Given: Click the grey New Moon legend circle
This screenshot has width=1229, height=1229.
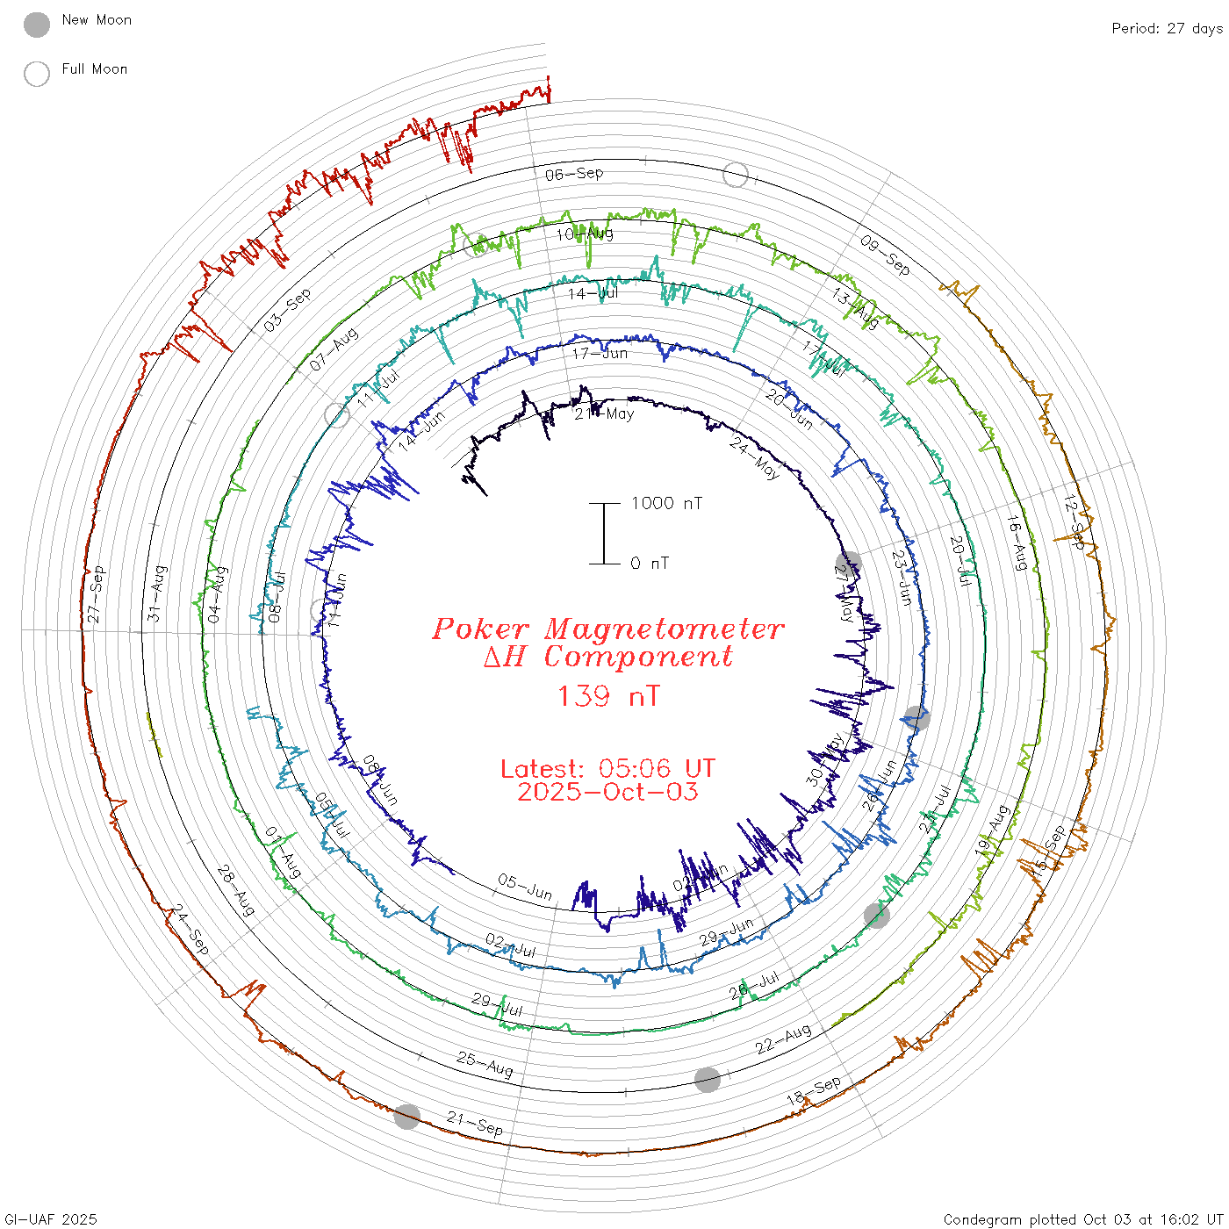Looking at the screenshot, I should tap(37, 25).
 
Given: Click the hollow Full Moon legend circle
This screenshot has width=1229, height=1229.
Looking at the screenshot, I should tap(37, 74).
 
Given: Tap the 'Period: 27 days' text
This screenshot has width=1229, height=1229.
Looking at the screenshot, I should tap(1167, 28).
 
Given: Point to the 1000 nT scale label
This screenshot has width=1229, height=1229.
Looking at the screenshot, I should tap(666, 503).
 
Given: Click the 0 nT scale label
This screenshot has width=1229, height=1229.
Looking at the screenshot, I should tap(650, 563).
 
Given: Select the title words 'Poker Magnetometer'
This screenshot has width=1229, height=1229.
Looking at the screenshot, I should tap(607, 629).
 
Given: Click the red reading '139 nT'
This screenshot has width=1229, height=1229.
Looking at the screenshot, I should tap(607, 696).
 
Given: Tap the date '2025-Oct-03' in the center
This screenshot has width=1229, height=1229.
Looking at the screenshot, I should tap(607, 792).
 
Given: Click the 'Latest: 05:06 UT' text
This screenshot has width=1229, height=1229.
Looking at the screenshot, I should tap(607, 769).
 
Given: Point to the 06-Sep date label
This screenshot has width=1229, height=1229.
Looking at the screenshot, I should tap(574, 174).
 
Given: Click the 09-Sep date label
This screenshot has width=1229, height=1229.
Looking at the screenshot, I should tap(885, 255).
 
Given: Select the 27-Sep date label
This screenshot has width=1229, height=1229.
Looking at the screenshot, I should tap(96, 595).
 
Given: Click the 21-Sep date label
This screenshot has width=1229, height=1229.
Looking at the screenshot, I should tap(475, 1124).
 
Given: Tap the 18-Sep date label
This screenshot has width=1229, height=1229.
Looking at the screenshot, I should tap(814, 1090).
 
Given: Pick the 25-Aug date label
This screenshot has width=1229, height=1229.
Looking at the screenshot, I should tap(485, 1064).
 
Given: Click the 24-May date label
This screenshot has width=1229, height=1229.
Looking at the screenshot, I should tap(754, 458).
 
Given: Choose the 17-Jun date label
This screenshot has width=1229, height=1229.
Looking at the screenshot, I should tap(600, 353).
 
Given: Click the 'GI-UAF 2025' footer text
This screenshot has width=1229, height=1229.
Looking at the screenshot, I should tap(51, 1219).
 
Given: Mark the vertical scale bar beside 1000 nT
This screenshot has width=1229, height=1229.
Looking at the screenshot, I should tap(604, 533).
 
